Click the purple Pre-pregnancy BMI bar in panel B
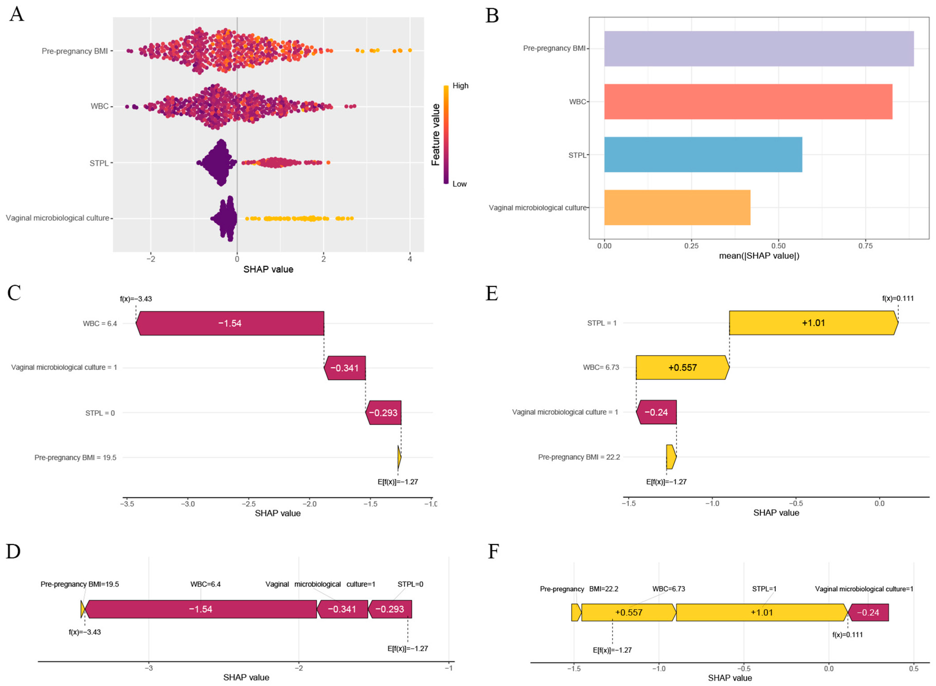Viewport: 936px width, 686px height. pos(758,49)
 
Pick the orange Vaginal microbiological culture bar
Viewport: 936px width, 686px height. pos(677,208)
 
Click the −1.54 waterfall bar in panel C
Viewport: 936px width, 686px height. pos(230,323)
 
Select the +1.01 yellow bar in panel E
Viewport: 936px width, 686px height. pos(813,323)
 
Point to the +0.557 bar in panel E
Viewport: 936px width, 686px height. pos(682,368)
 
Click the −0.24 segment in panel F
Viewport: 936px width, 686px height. pos(868,613)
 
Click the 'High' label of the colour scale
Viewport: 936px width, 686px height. pos(460,86)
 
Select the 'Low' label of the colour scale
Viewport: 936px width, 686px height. pos(459,184)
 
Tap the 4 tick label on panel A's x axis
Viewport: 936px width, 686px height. pos(410,259)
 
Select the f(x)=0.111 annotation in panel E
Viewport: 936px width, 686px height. pos(898,298)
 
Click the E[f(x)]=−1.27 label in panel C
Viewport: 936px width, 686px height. pos(397,482)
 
